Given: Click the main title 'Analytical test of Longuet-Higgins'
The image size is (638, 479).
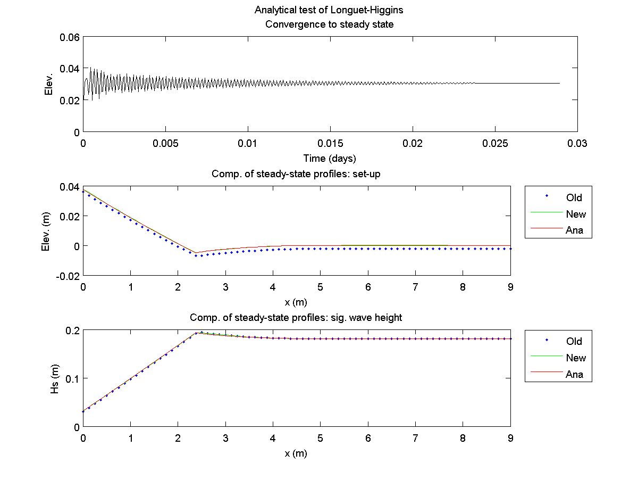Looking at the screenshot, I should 329,10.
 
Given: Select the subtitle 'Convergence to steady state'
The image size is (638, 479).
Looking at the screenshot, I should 329,24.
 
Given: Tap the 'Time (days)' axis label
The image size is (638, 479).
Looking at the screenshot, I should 329,158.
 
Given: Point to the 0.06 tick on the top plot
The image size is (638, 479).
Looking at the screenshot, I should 70,37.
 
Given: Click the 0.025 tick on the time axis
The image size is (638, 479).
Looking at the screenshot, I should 494,143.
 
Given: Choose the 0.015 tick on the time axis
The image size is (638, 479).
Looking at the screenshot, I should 330,143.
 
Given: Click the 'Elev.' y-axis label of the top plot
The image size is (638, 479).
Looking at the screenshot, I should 49,84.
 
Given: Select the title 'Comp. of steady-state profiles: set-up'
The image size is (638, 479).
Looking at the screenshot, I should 296,174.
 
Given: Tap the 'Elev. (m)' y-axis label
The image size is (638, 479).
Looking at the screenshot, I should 49,231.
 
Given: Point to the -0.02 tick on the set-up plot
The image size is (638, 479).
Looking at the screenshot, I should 67,276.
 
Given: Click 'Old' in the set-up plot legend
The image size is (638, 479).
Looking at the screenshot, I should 574,197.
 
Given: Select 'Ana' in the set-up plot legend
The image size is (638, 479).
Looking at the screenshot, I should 574,230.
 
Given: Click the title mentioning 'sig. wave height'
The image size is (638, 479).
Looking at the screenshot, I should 296,318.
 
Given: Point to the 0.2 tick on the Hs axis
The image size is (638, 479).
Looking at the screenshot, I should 72,330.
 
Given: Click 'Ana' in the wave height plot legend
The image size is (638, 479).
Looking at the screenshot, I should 574,374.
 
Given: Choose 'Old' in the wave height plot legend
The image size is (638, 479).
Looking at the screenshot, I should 574,341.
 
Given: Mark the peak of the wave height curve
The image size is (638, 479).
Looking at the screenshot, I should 197,333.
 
